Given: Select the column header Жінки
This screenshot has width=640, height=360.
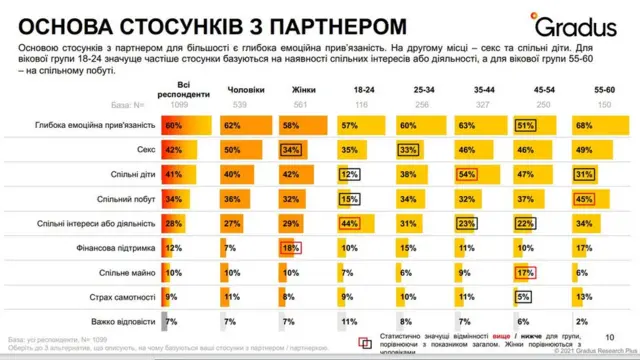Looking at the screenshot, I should [304, 90].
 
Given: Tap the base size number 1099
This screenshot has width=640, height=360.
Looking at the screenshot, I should [181, 104].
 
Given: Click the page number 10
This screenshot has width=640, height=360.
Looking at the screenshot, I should [609, 337].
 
